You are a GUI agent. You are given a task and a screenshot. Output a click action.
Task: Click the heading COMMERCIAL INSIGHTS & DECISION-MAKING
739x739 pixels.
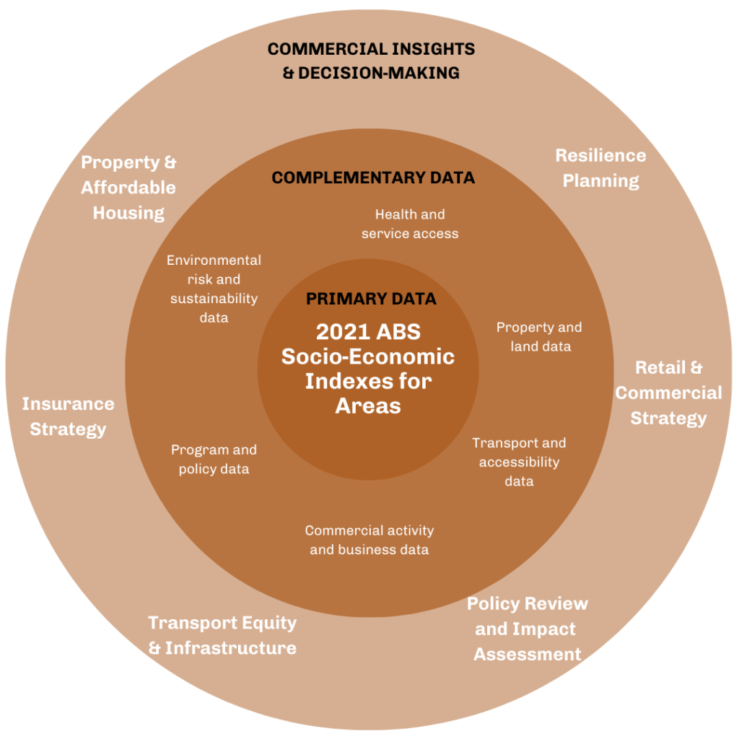[371, 61]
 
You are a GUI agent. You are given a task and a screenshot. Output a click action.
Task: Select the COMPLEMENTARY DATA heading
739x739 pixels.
[372, 178]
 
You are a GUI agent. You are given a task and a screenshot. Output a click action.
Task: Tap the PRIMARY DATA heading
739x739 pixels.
[371, 299]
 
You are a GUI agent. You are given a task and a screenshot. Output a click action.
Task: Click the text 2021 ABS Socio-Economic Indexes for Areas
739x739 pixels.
[368, 368]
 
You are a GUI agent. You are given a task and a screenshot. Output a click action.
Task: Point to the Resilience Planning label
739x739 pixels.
[600, 167]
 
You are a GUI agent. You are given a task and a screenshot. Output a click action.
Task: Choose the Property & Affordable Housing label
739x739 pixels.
[128, 188]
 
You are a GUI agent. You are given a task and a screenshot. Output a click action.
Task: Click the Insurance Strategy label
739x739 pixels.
[68, 416]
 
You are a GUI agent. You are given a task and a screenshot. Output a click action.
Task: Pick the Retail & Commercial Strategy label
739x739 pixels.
[668, 393]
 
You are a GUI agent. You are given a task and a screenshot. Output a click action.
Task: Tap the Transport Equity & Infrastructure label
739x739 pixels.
[222, 635]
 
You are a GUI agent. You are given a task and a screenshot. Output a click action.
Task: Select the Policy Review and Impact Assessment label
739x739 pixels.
[528, 629]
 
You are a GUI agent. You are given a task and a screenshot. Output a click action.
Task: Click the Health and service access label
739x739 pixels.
[410, 224]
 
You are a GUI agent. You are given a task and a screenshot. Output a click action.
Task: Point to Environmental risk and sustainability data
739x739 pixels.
[214, 289]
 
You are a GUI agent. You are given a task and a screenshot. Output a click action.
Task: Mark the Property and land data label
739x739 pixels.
[539, 337]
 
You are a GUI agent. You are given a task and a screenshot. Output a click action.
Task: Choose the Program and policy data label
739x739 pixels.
[214, 460]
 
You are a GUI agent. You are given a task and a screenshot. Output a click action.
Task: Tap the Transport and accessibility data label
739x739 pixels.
[519, 462]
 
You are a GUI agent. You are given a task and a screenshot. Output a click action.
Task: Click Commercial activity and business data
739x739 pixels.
[369, 540]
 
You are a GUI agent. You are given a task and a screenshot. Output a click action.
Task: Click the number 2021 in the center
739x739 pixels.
[343, 332]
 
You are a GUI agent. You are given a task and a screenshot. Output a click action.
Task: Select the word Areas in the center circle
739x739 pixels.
[368, 406]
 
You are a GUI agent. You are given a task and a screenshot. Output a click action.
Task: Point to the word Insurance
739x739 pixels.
[68, 404]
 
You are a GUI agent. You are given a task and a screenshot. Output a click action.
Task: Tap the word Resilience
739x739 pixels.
[600, 155]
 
